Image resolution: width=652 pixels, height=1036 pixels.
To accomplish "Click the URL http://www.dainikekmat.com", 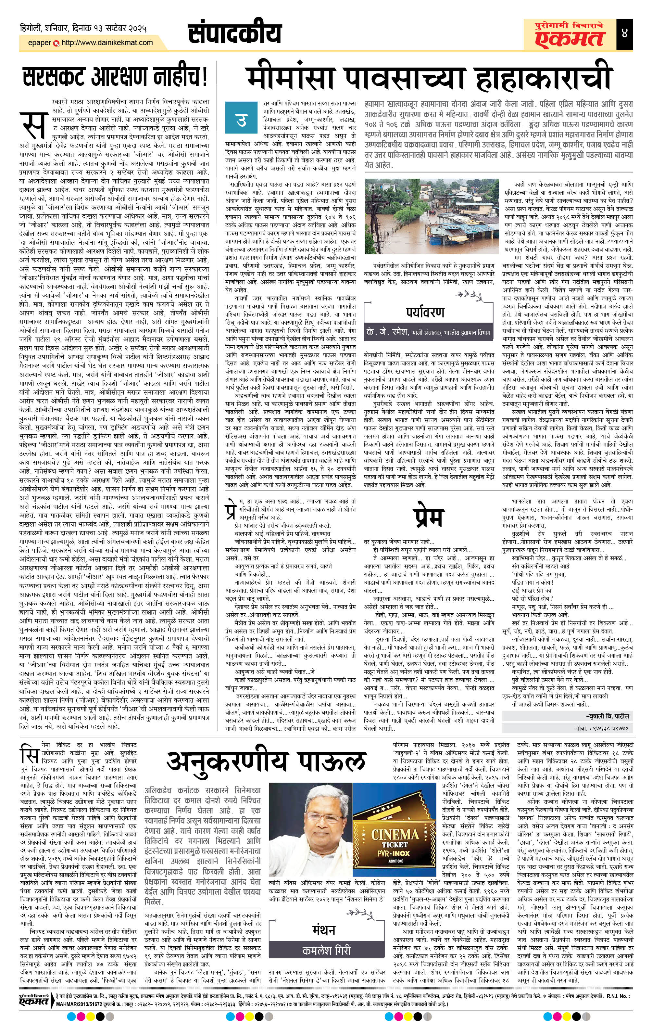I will pyautogui.click(x=107, y=43).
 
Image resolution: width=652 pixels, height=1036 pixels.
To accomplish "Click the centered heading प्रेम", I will pyautogui.click(x=428, y=518).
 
